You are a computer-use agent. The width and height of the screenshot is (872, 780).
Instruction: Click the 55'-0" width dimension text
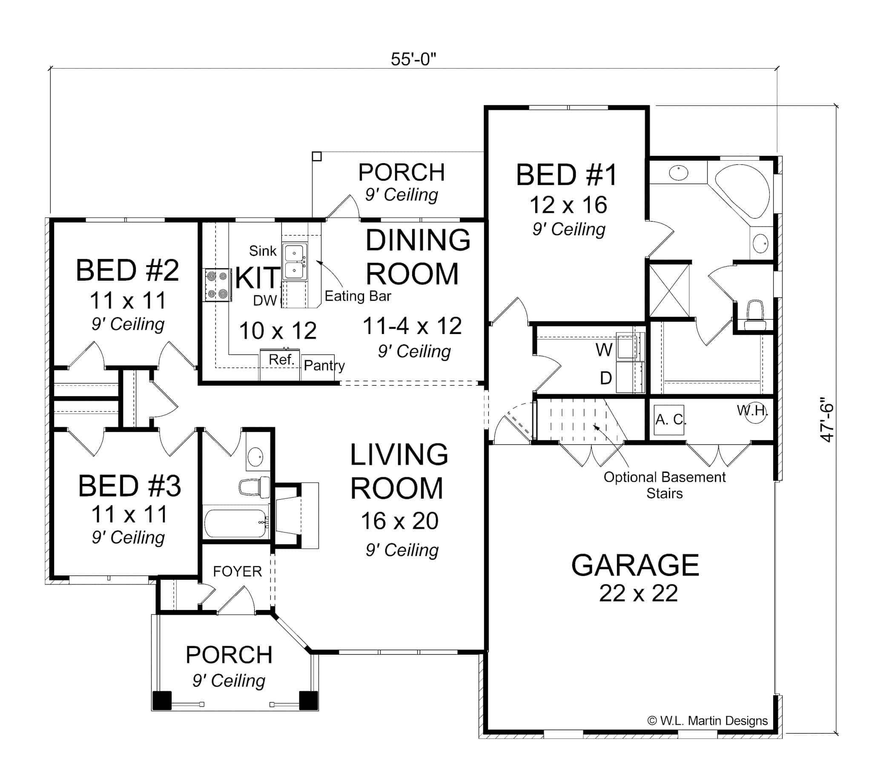(413, 59)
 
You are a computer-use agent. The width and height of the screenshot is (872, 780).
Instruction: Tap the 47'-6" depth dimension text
(827, 423)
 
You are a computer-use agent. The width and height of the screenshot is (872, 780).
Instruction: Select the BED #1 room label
(566, 175)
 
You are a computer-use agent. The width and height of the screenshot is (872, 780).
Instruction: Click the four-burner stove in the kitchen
(217, 285)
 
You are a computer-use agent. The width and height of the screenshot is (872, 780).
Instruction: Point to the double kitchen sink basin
(295, 262)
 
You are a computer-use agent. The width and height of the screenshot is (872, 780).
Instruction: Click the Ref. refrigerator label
(281, 360)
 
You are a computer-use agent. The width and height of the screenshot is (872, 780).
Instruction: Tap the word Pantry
(324, 366)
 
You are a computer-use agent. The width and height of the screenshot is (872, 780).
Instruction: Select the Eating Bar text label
(358, 296)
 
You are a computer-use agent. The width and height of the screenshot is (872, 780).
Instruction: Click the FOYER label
(237, 571)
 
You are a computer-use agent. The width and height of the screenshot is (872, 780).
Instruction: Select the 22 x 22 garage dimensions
(638, 593)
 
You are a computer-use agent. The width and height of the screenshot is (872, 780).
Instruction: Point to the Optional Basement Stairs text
(664, 485)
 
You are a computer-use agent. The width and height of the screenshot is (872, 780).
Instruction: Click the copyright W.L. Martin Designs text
(708, 720)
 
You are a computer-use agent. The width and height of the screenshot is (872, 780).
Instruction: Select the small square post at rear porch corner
(316, 156)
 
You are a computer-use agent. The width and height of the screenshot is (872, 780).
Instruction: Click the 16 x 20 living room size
(399, 521)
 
